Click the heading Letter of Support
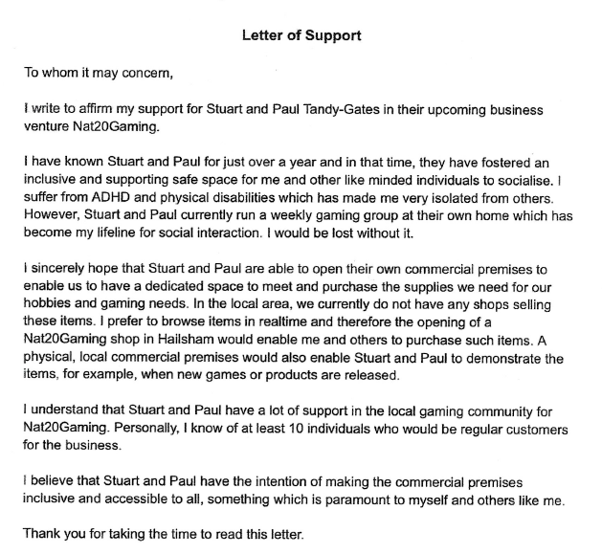point(301,36)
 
